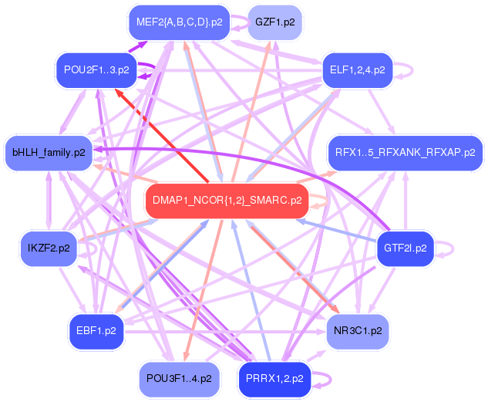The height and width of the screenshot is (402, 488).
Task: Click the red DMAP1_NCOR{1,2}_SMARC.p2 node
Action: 227,201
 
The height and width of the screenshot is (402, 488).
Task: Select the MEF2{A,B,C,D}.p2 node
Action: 179,22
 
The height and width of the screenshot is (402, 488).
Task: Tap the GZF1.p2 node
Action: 274,22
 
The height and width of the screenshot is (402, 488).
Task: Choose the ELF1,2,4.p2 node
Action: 357,70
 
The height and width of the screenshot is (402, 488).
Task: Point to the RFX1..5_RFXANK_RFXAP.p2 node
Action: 405,152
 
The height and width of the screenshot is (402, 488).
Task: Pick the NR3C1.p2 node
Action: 357,330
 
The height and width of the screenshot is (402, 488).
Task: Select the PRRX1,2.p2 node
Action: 274,378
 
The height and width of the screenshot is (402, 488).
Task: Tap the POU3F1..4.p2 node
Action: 178,378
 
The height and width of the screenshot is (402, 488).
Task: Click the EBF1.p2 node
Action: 96,330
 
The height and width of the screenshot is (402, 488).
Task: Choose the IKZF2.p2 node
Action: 48,248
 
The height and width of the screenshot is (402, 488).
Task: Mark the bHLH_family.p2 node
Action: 48,152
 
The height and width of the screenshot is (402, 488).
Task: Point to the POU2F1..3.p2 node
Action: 96,70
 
